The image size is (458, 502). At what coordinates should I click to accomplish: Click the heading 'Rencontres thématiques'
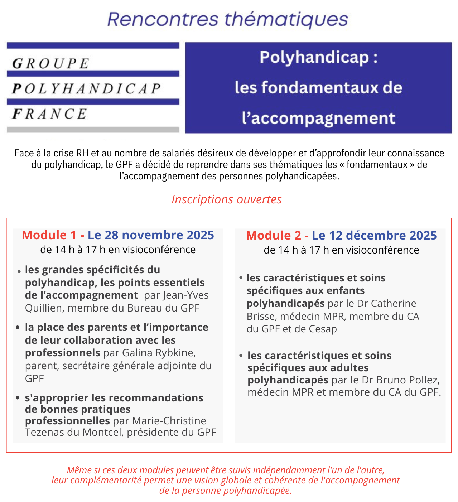pyautogui.click(x=227, y=20)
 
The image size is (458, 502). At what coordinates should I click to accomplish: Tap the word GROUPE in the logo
pyautogui.click(x=50, y=63)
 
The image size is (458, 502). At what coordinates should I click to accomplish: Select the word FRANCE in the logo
pyautogui.click(x=49, y=114)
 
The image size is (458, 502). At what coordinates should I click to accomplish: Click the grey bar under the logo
pyautogui.click(x=93, y=130)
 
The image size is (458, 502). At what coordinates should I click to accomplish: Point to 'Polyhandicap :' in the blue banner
pyautogui.click(x=318, y=58)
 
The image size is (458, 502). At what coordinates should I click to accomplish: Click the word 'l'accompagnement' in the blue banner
pyautogui.click(x=318, y=118)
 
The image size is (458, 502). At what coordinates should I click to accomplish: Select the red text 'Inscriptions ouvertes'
pyautogui.click(x=226, y=199)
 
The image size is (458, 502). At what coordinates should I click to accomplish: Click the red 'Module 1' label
pyautogui.click(x=49, y=235)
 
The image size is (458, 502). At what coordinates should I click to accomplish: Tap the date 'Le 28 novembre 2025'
pyautogui.click(x=151, y=235)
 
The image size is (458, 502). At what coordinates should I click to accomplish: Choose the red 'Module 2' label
pyautogui.click(x=274, y=235)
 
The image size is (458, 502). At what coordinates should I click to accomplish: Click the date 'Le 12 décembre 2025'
pyautogui.click(x=374, y=235)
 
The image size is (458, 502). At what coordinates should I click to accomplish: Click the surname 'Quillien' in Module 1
pyautogui.click(x=44, y=308)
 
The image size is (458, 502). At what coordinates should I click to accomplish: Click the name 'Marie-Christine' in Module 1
pyautogui.click(x=169, y=421)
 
